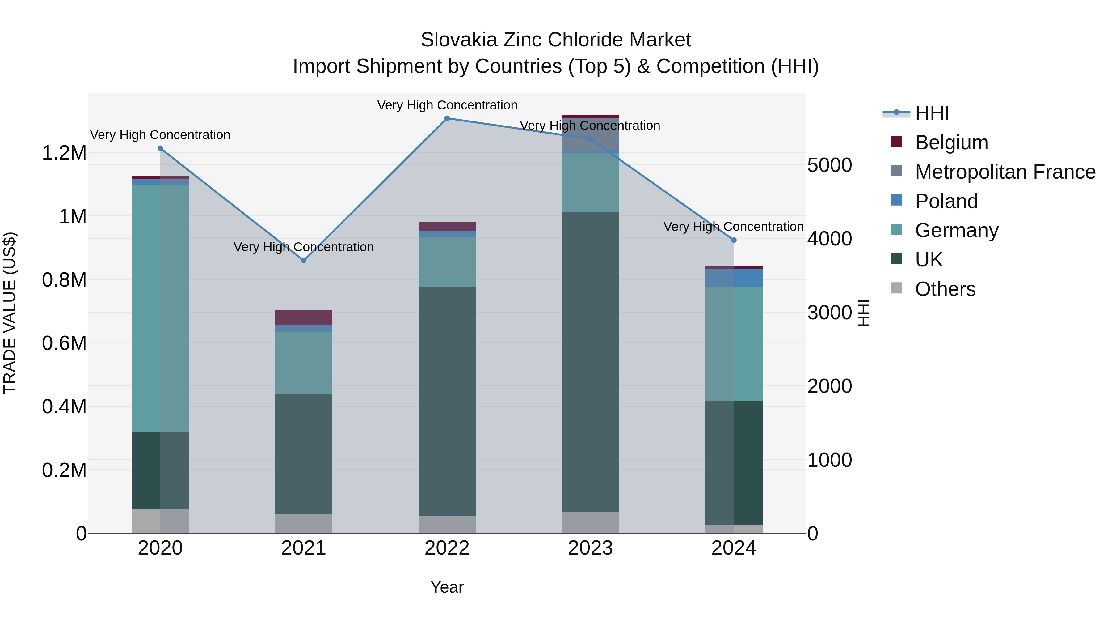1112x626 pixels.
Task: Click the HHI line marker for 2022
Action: pos(447,118)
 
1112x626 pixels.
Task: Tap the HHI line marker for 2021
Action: pos(303,261)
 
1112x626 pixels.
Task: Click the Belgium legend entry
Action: pos(951,143)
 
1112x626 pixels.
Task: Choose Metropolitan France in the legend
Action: pos(1005,172)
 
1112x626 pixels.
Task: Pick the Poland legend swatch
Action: pos(897,200)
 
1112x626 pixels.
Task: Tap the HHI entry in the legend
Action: pos(932,113)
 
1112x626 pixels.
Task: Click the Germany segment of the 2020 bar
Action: pos(160,309)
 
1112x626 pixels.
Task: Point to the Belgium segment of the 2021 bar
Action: pos(303,317)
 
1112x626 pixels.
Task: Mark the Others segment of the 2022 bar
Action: pos(447,525)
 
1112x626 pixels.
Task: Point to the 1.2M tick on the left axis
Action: pos(64,153)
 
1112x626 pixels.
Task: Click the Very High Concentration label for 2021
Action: pos(303,247)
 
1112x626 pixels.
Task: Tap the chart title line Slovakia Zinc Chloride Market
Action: pos(556,40)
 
